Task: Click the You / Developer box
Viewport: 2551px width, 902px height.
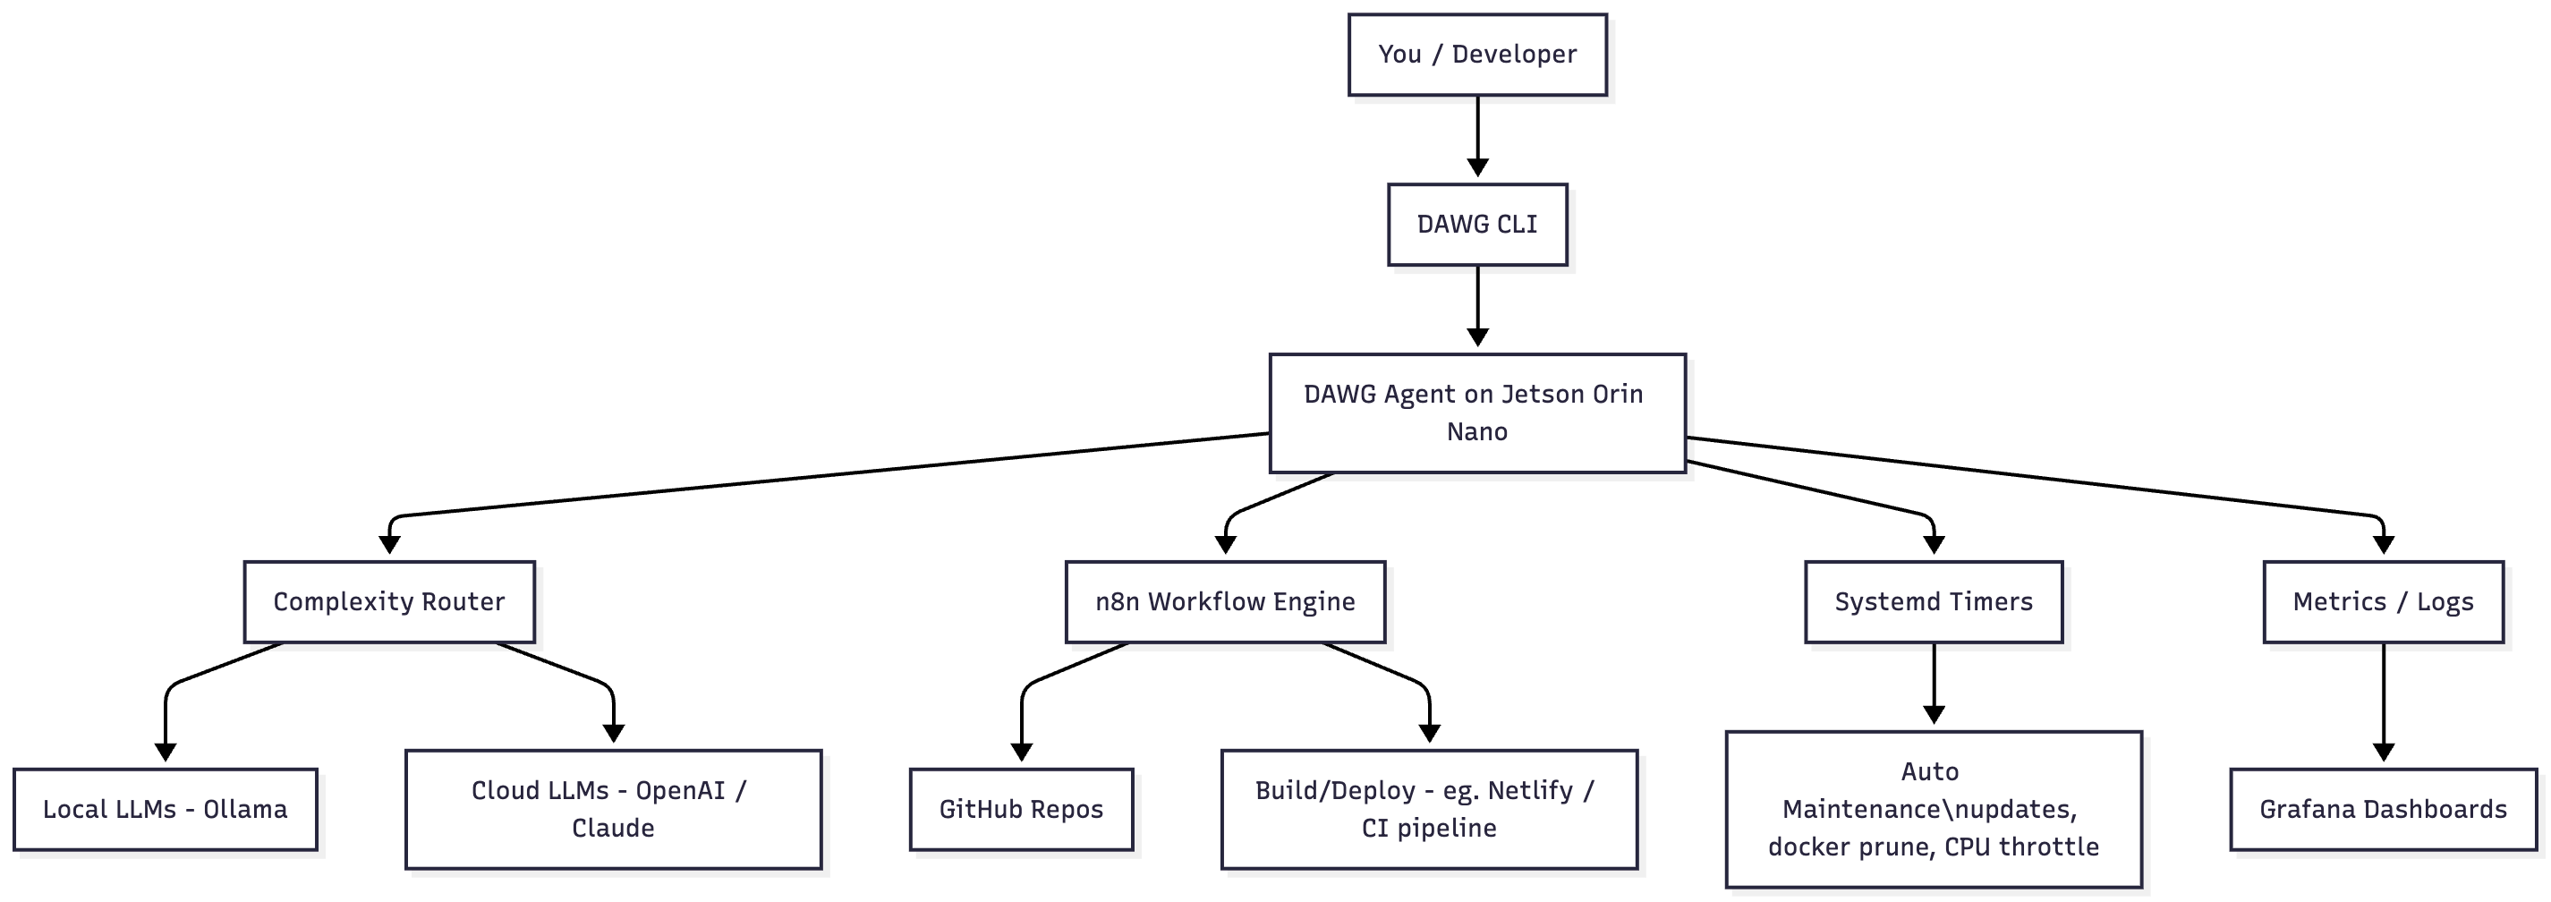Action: pos(1476,55)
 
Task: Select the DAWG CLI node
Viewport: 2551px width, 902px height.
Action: pos(1476,225)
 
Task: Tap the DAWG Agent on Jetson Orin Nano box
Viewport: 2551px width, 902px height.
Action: pos(1476,413)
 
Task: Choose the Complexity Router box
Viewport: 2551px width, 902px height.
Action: pos(389,602)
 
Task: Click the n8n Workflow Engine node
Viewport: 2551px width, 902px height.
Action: pos(1225,602)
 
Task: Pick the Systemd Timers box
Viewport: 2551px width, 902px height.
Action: pos(1933,602)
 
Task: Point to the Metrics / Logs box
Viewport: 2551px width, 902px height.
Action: pos(2383,602)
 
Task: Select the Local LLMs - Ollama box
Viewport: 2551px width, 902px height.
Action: pos(166,809)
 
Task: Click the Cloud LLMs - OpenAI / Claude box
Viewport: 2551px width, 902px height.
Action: pos(613,809)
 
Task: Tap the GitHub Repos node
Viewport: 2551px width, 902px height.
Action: pos(1021,809)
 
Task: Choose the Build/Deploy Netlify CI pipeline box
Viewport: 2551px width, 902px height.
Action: pos(1428,809)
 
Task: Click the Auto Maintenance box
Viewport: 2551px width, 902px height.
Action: pos(1933,809)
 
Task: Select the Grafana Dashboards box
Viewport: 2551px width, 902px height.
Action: pos(2383,809)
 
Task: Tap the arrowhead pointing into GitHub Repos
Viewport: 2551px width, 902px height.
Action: pos(1022,752)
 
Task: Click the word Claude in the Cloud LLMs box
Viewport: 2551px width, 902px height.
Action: pos(613,828)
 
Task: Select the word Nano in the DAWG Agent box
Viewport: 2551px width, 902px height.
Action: pos(1476,431)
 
